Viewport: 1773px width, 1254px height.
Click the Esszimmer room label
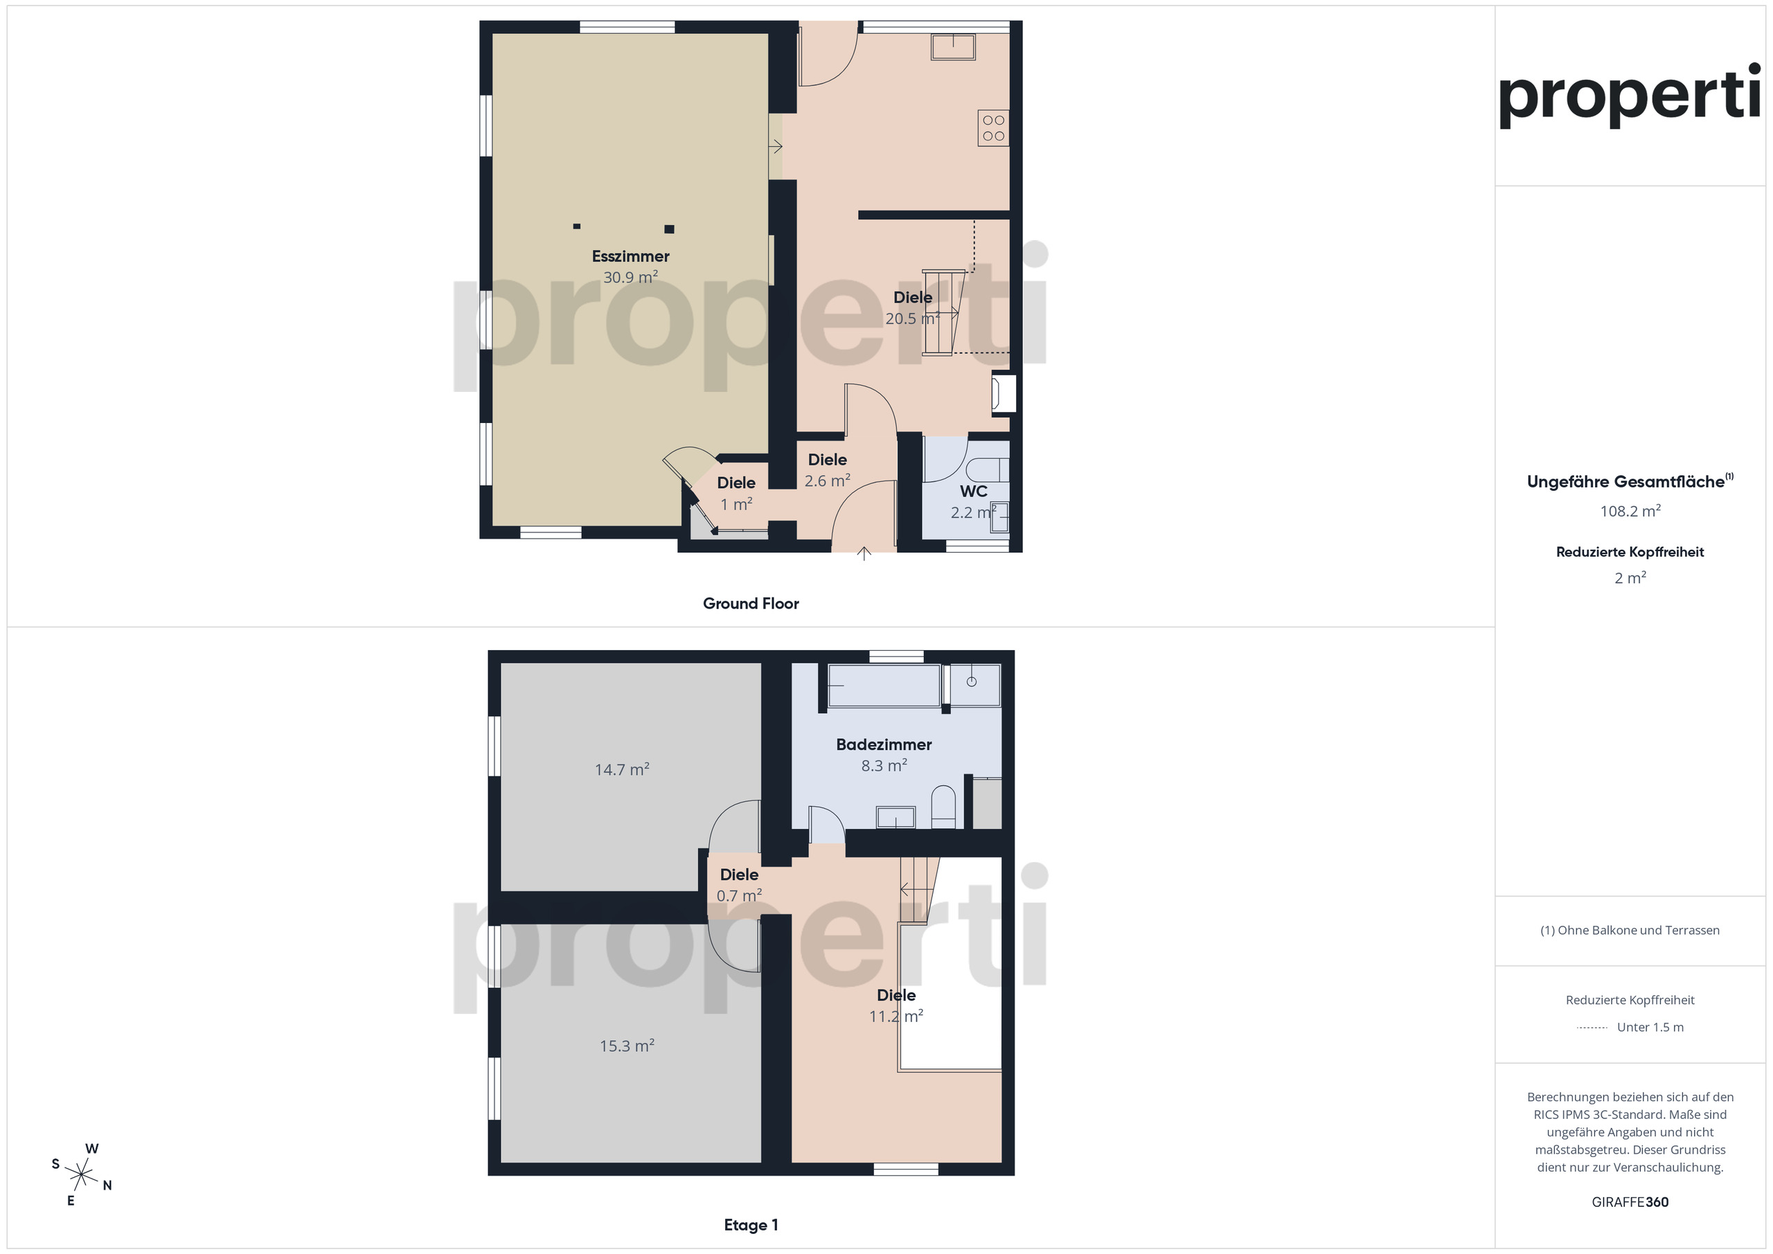[630, 256]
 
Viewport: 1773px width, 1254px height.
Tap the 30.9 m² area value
[630, 277]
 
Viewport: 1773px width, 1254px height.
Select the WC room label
[973, 491]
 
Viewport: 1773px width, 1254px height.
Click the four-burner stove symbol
[993, 128]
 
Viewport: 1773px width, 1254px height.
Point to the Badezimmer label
[884, 744]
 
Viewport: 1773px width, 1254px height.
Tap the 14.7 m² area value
[622, 769]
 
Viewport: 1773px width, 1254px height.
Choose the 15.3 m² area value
[627, 1046]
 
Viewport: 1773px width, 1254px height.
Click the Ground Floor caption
[751, 604]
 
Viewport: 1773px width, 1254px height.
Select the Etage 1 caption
[751, 1225]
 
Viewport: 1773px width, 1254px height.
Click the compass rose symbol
[81, 1174]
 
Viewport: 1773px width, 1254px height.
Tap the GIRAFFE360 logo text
[1630, 1202]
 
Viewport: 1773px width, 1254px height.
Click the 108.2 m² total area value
[1630, 511]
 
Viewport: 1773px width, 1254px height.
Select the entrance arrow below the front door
[864, 552]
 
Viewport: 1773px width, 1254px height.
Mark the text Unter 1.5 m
[1650, 1027]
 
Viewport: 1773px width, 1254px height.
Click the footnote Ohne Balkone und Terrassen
[1638, 931]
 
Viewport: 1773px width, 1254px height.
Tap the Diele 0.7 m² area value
[739, 896]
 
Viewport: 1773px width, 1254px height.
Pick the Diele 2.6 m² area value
[827, 481]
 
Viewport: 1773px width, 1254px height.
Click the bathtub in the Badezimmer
[884, 685]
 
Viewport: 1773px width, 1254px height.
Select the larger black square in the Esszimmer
[670, 229]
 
